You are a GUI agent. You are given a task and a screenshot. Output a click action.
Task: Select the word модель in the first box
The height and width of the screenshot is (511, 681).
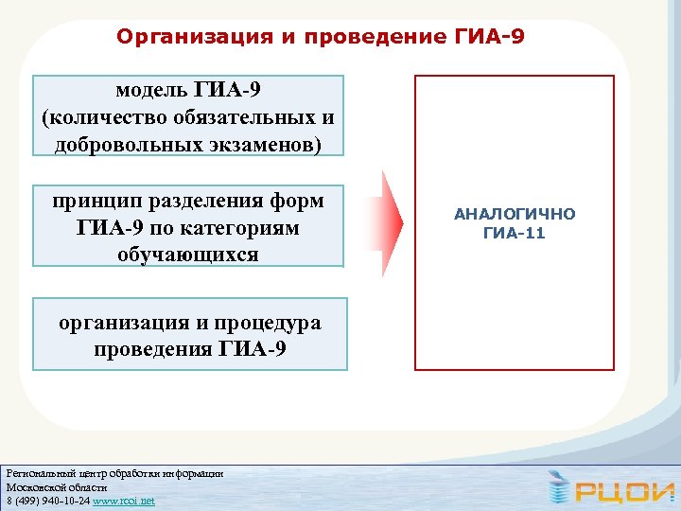tap(152, 90)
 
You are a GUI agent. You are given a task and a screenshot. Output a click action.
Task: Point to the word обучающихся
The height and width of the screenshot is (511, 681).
tap(188, 254)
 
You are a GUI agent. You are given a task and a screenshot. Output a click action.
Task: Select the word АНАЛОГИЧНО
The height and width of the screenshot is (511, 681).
tap(514, 214)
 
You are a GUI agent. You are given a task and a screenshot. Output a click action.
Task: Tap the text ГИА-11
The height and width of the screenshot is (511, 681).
tap(514, 233)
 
